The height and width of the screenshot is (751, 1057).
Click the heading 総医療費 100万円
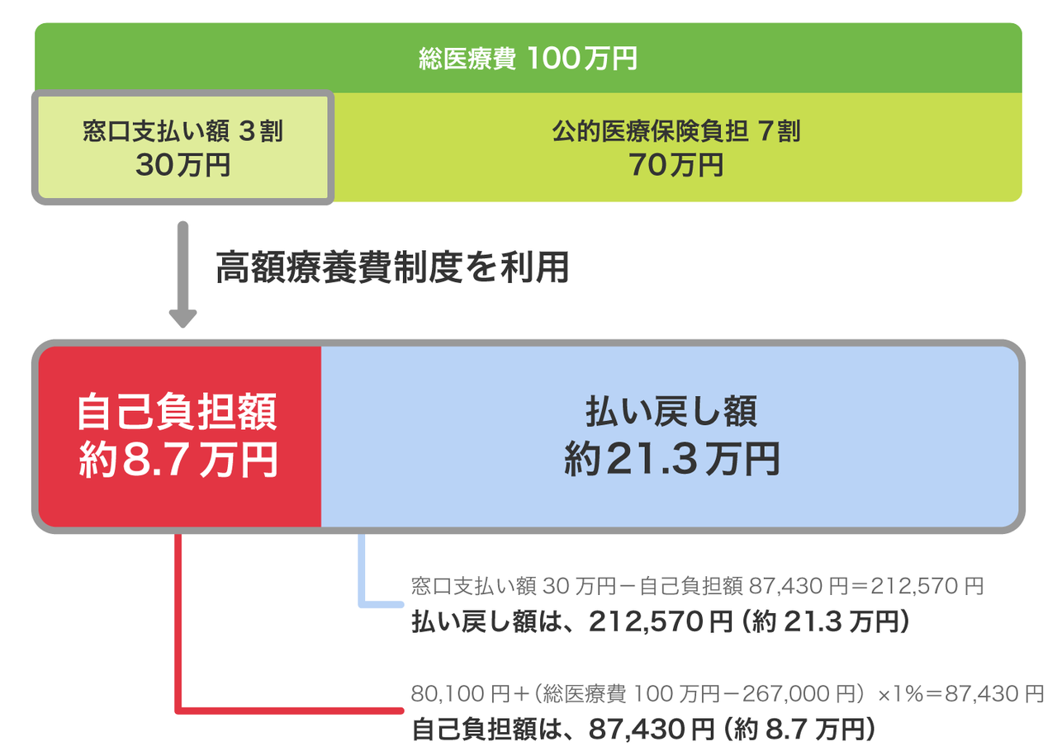click(x=528, y=59)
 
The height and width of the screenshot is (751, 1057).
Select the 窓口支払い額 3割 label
click(x=182, y=131)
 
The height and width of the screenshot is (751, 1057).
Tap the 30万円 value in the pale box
click(x=182, y=165)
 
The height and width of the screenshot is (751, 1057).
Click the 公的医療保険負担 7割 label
click(x=676, y=131)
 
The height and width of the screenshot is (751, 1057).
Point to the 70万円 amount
click(x=676, y=165)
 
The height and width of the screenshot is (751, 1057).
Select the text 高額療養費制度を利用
click(x=392, y=267)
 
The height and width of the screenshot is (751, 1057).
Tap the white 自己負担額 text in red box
click(x=178, y=413)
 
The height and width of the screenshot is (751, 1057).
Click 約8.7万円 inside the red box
click(x=178, y=461)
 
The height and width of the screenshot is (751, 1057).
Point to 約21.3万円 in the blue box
click(x=671, y=460)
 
